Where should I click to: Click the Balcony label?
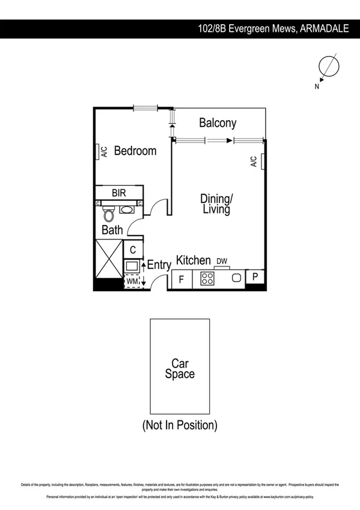(218, 123)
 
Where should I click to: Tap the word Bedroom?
(135, 151)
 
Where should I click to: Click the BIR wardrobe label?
(118, 193)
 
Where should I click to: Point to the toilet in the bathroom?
(109, 214)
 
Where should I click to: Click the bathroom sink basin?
(127, 210)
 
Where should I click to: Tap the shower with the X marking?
(108, 265)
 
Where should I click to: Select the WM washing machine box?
(132, 281)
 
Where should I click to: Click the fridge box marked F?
(180, 280)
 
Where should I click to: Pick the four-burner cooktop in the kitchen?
(208, 278)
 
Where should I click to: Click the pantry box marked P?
(255, 277)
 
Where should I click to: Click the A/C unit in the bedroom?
(97, 152)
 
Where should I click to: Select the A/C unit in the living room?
(262, 161)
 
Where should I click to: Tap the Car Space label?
(180, 369)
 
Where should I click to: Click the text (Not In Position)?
(180, 426)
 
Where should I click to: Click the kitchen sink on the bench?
(237, 278)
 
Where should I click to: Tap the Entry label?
(159, 265)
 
